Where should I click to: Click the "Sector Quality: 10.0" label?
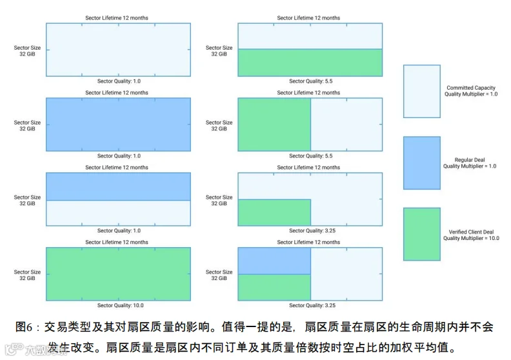pos(120,305)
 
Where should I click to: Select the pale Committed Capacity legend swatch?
pos(422,91)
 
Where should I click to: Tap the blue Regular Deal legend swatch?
pos(422,163)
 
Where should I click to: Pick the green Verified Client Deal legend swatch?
pos(422,234)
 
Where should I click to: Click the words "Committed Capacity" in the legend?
pos(471,88)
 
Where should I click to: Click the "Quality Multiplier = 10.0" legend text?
pos(471,238)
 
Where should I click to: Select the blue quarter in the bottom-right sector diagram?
pos(274,261)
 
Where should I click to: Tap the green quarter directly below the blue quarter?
pos(274,288)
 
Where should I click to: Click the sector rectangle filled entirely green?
pos(118,274)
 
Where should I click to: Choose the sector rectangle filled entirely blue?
pos(118,125)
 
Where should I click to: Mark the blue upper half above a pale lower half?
pos(118,186)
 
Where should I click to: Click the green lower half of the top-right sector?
pos(310,63)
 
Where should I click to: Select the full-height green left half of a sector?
pos(274,125)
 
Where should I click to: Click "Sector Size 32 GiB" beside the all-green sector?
pos(26,275)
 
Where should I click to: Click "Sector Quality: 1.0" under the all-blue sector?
pos(119,155)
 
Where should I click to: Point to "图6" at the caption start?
pos(24,327)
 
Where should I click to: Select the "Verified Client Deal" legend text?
pos(471,232)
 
